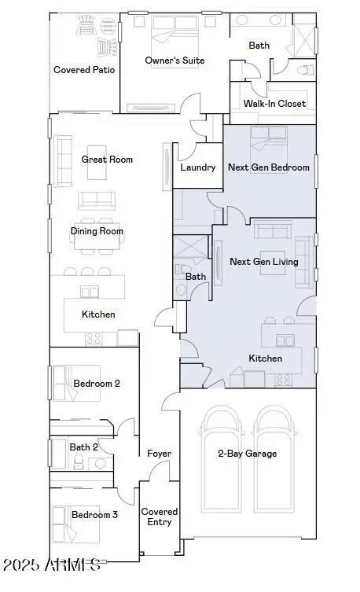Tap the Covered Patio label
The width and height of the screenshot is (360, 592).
point(84,70)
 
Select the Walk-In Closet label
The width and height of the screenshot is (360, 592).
point(274,104)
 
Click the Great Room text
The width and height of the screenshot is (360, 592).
point(107,160)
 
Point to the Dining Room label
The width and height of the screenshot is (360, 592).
point(97,232)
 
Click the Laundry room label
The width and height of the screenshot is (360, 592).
point(197,167)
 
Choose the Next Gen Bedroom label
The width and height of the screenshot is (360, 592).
point(268,167)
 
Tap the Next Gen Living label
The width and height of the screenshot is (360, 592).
point(263,262)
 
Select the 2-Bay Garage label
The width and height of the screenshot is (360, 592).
point(247,454)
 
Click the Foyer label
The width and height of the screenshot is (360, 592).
point(160,454)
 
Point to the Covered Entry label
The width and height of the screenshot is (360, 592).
point(160,517)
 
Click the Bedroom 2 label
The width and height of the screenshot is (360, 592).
point(97,384)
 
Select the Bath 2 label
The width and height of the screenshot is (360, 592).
point(83,447)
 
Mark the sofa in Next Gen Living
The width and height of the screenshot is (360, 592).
point(270,230)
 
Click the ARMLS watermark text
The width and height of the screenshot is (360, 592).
point(51,564)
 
